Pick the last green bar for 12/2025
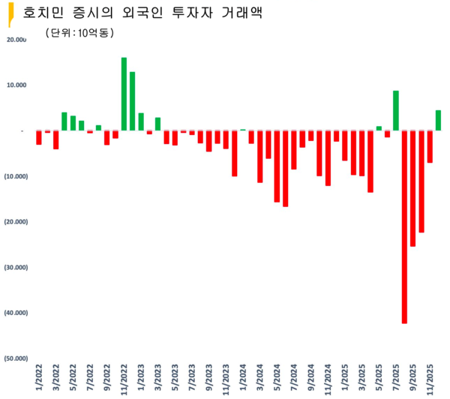[x=438, y=121]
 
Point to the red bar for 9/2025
[x=413, y=188]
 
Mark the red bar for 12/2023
[x=234, y=154]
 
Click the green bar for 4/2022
[x=64, y=121]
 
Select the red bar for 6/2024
[x=285, y=169]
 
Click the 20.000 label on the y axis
[x=16, y=40]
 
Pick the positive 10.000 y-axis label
[x=16, y=85]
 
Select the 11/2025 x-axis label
[x=430, y=378]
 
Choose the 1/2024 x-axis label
[x=243, y=378]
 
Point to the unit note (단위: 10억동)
[x=79, y=32]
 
